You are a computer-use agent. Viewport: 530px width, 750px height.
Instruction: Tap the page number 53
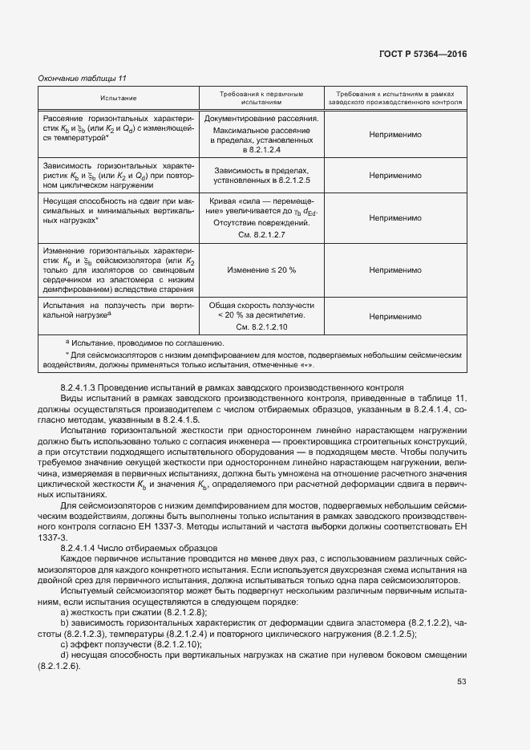click(x=461, y=682)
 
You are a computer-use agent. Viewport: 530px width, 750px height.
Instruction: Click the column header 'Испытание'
click(x=118, y=98)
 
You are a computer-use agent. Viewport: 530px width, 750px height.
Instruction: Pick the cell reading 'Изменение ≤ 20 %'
click(x=262, y=270)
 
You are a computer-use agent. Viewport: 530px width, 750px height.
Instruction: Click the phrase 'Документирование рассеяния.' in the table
click(x=262, y=119)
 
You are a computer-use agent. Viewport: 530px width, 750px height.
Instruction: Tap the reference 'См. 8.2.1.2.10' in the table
click(x=262, y=328)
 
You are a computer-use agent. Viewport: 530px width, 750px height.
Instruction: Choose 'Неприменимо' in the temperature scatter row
click(x=395, y=134)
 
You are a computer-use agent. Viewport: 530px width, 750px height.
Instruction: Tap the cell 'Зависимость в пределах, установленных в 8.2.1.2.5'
click(x=262, y=175)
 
